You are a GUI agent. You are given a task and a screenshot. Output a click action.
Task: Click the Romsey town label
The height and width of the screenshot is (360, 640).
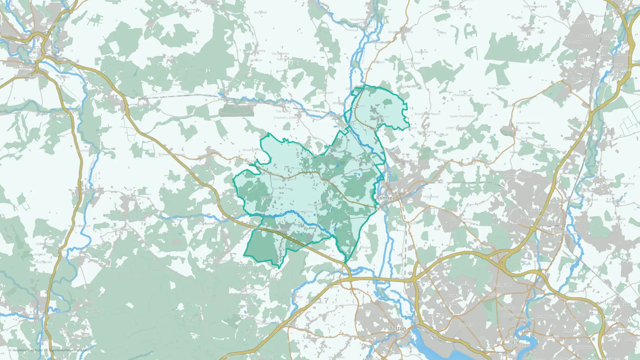tap(386, 198)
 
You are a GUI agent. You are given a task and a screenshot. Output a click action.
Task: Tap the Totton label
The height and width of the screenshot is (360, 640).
tap(398, 329)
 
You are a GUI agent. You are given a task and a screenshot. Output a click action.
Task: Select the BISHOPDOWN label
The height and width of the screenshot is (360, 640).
tap(50, 24)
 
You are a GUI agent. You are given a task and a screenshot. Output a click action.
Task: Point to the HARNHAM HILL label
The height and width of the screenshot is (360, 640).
tap(27, 75)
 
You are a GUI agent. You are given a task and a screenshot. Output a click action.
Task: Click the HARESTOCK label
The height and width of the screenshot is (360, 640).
tap(582, 22)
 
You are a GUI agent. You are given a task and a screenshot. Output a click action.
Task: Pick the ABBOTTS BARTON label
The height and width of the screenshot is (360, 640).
tap(609, 36)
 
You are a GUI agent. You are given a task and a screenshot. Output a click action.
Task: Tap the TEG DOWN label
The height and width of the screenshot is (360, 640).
tap(574, 42)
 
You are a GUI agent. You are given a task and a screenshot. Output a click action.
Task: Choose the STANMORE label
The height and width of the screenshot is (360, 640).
tap(580, 79)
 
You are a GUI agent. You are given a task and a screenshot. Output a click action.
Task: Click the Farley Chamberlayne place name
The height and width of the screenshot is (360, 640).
tap(463, 93)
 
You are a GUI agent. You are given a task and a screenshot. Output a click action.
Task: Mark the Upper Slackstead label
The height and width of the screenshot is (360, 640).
tap(462, 116)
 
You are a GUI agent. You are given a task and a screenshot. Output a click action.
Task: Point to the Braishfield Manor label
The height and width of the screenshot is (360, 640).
tap(427, 114)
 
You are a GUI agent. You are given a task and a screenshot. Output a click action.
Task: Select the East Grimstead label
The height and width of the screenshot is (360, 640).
tap(174, 85)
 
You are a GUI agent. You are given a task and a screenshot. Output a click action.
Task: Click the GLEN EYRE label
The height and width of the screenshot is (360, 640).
tap(502, 285)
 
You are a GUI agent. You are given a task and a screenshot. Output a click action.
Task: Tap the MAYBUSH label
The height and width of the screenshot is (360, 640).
tap(448, 303)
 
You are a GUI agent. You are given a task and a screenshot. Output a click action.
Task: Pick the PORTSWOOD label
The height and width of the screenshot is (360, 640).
tap(513, 315)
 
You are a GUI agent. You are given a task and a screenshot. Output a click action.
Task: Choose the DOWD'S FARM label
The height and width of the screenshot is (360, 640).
tap(619, 304)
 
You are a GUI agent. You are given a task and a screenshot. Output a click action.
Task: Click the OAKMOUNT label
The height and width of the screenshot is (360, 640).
tap(532, 217)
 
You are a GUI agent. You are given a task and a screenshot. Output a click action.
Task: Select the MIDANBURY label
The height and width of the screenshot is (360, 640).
tap(547, 316)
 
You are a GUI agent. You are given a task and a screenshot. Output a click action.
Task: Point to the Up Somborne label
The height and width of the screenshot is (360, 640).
tap(462, 9)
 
